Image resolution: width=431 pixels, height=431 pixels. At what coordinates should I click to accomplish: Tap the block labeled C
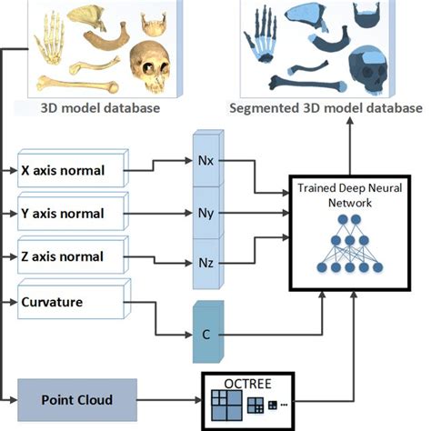click(x=207, y=334)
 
